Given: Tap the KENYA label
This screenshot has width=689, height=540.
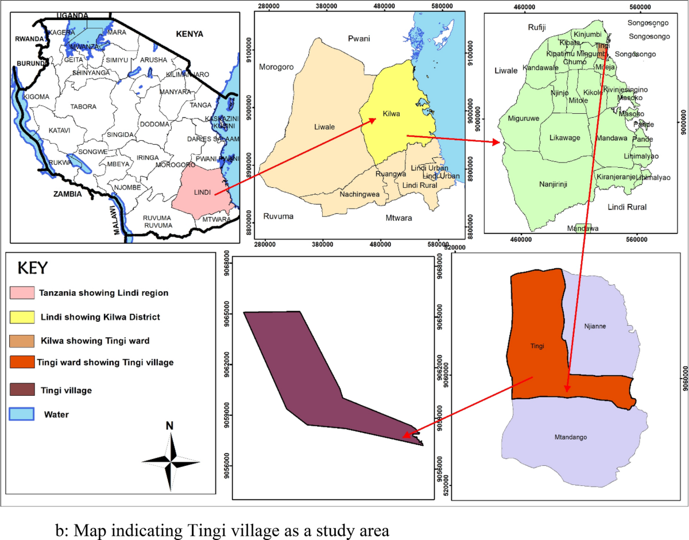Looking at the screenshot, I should point(189,34).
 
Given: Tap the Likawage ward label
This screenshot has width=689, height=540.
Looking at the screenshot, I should point(565,138).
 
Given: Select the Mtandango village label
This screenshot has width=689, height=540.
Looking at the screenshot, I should point(570,437).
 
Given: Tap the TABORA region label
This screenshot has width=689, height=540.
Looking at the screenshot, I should point(83,107).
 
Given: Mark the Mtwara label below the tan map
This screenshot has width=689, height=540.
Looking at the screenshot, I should point(394,218).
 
